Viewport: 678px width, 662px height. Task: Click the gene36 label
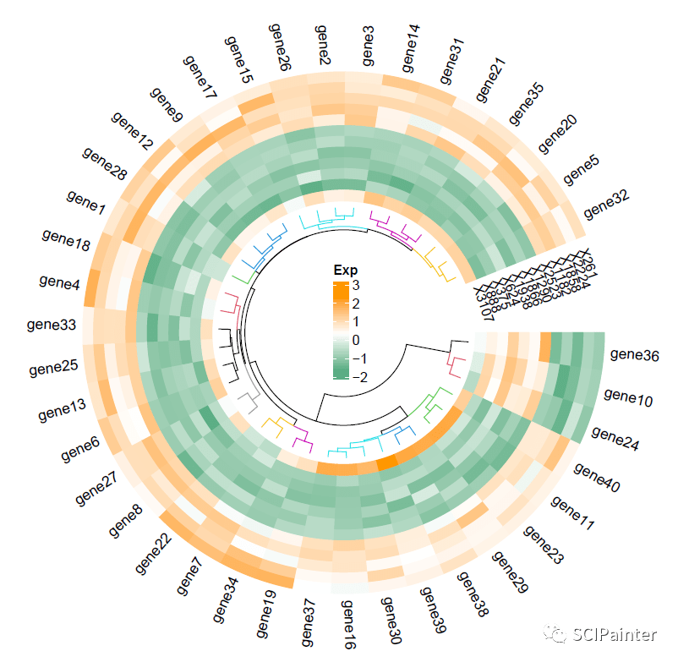tap(634, 356)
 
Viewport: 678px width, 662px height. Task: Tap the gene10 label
tap(628, 397)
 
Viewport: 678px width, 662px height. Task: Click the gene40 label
tap(597, 478)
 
